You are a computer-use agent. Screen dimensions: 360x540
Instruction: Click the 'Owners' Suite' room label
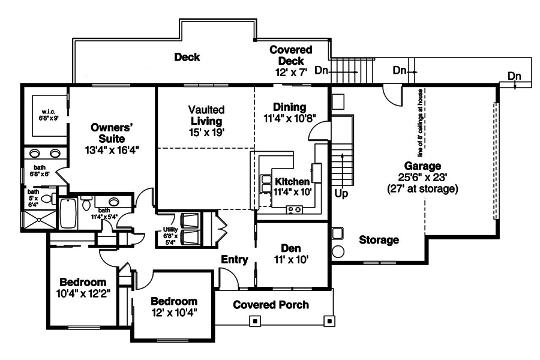tap(111, 133)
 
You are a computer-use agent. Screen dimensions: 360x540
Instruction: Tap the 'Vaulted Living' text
tap(206, 115)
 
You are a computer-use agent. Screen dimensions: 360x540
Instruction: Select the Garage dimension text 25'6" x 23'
tap(422, 178)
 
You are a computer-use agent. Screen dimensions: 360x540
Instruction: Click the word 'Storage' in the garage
tap(379, 240)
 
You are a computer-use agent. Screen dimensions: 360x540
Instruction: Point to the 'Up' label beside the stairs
tap(341, 194)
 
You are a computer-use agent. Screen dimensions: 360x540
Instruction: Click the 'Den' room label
tap(291, 248)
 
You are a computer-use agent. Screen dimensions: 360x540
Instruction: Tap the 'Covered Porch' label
tap(271, 305)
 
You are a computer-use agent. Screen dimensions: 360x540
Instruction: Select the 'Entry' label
tap(234, 259)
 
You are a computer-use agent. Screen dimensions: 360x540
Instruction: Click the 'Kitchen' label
tap(292, 181)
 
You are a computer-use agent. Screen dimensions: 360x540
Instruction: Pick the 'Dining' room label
tap(289, 107)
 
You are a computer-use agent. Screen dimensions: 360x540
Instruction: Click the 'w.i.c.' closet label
tap(49, 112)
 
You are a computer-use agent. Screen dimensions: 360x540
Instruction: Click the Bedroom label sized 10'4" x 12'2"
tap(83, 282)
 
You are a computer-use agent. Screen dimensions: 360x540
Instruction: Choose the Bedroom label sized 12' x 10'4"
tap(173, 301)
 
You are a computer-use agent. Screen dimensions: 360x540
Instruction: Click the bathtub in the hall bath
tap(67, 213)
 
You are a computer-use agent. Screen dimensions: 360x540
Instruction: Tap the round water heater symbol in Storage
tap(338, 251)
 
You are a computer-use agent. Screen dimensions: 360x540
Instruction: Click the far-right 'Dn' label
tap(514, 76)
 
